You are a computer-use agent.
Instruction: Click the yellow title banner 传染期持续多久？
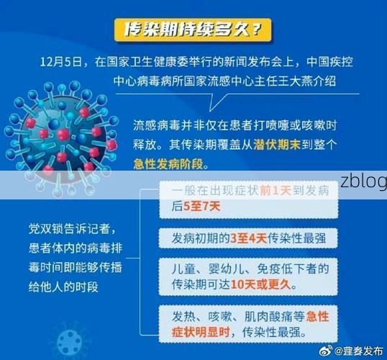click(x=193, y=30)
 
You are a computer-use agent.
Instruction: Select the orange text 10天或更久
click(x=269, y=284)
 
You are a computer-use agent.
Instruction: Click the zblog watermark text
click(x=363, y=180)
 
